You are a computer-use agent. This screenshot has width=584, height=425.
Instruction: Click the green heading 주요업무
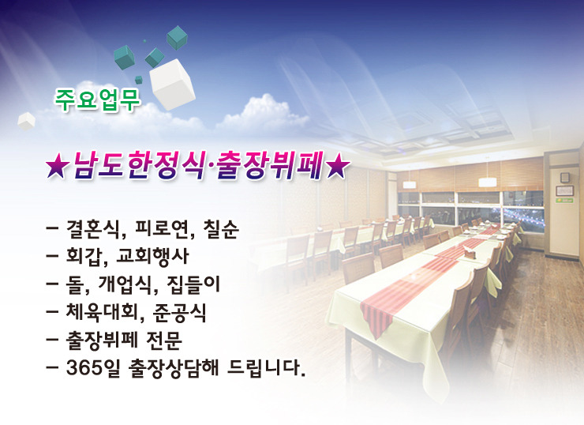coord(98,100)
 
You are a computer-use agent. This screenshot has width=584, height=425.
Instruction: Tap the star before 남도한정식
coord(57,166)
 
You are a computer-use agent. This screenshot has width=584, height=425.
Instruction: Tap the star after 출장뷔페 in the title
coord(338,166)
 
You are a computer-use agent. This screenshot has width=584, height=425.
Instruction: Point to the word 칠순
coord(221,229)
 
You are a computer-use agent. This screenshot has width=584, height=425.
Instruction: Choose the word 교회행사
coord(152,257)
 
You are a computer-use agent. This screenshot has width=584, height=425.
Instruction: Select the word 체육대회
coord(103,312)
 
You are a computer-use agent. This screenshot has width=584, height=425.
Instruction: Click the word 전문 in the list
coord(164,340)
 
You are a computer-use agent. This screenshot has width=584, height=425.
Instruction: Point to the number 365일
coord(93,368)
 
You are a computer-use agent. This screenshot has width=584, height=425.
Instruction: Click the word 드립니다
coord(266,368)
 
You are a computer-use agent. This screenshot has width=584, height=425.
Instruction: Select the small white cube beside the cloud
coord(27,121)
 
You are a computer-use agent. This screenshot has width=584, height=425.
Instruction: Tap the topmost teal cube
coord(177,38)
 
